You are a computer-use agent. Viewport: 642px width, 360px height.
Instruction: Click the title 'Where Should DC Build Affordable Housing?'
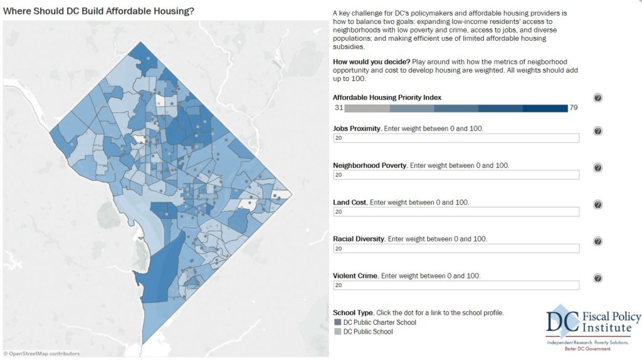[98, 11]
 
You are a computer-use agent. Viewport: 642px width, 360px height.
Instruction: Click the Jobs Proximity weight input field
[456, 138]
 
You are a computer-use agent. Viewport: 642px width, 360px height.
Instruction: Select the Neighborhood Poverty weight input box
[456, 175]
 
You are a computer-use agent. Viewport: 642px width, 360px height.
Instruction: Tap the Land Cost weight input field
[456, 212]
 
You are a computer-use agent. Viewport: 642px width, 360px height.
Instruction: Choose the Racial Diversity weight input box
[456, 248]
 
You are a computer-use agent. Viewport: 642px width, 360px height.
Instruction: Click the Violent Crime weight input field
[456, 285]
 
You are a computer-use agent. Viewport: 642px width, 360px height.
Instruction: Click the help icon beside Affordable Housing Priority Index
[597, 98]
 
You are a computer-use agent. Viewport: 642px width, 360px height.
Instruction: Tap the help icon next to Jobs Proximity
[597, 131]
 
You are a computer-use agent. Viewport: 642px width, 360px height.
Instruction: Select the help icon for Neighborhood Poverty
[597, 168]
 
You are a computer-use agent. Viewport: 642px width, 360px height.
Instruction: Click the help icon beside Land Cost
[597, 205]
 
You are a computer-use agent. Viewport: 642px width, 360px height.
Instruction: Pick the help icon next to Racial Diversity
[597, 241]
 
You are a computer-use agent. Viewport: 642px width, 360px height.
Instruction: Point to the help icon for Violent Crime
[597, 278]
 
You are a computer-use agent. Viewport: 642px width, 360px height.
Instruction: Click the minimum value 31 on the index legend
[338, 108]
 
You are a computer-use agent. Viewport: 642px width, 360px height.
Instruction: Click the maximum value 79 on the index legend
[573, 108]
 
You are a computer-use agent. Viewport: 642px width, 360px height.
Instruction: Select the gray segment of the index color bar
[366, 108]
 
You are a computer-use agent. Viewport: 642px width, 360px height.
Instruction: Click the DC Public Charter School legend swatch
[337, 322]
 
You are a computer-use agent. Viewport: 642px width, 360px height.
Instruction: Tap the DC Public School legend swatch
[337, 331]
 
